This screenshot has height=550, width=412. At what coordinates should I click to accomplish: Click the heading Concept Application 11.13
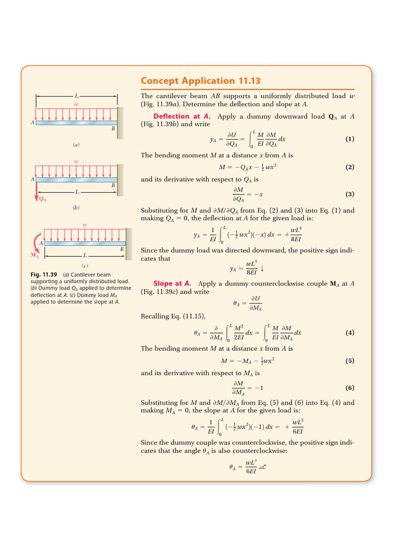click(x=200, y=81)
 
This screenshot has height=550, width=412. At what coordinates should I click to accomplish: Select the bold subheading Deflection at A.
click(x=182, y=116)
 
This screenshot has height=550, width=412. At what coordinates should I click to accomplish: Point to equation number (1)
click(x=350, y=139)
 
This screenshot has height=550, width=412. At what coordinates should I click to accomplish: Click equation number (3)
click(x=350, y=194)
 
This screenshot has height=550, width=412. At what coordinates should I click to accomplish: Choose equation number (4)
click(x=350, y=332)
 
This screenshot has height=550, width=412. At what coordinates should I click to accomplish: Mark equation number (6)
click(x=350, y=388)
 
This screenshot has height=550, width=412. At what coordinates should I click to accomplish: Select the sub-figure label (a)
click(x=76, y=145)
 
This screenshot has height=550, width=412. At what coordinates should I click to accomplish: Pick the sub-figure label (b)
click(x=76, y=207)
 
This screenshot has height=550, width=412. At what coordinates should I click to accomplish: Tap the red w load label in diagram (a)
click(x=76, y=104)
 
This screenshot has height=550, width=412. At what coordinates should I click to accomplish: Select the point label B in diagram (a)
click(x=113, y=129)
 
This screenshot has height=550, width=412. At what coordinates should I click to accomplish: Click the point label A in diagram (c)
click(x=41, y=243)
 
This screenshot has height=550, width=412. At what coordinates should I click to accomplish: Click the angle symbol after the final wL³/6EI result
click(x=262, y=467)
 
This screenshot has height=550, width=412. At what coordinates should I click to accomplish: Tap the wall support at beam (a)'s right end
click(x=121, y=119)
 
